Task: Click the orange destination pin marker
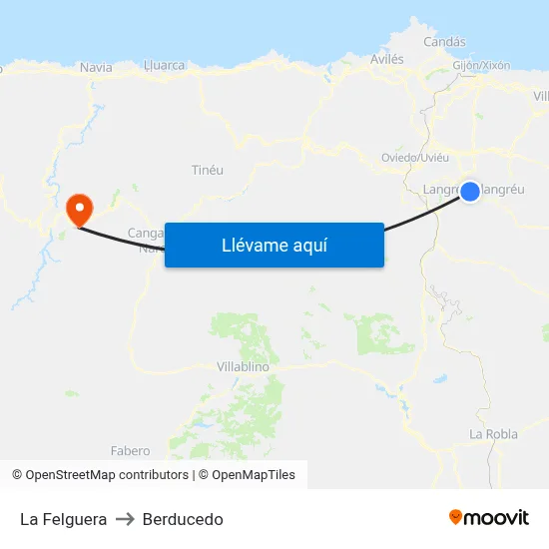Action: point(79,208)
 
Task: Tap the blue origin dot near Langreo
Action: point(470,191)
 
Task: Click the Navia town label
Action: point(96,67)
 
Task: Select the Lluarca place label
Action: point(165,65)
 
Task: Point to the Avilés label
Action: point(387,59)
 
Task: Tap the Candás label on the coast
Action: point(444,42)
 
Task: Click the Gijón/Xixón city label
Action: point(481,65)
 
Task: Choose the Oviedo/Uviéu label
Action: point(415,158)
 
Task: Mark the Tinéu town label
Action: point(207,170)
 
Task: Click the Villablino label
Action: point(243,366)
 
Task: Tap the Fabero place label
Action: point(130,451)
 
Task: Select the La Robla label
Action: point(493,434)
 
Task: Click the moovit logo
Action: point(489,518)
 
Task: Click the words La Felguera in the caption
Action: point(63,519)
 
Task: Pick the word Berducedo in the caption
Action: point(183,519)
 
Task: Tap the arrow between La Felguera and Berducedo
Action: point(125,519)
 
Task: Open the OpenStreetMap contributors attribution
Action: point(100,475)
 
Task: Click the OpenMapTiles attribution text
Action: point(246,475)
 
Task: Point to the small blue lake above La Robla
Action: point(440,379)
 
